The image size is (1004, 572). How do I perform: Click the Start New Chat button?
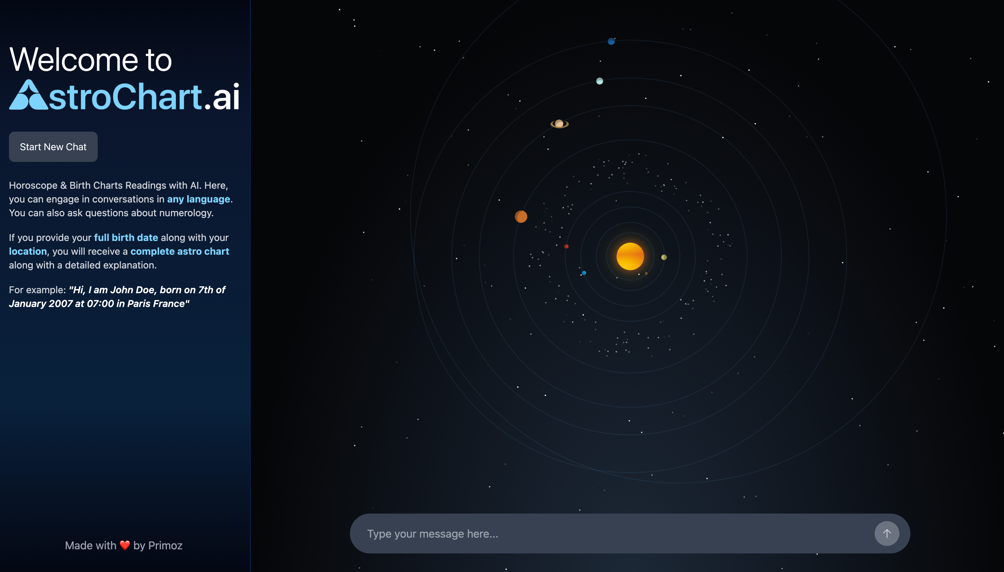(53, 146)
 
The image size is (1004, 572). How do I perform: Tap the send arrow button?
(886, 533)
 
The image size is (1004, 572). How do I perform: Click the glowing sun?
(630, 256)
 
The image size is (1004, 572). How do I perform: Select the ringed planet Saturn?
(559, 124)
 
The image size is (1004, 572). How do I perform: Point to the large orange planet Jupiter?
(521, 217)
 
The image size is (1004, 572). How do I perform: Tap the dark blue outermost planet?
(611, 42)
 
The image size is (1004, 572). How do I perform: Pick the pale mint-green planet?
(599, 81)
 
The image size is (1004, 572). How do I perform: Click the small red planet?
(566, 246)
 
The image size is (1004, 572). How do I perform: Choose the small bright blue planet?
(584, 273)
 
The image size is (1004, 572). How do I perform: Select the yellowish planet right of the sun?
(664, 257)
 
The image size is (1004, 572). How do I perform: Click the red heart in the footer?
(125, 545)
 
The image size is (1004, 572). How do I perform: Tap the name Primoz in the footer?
(165, 545)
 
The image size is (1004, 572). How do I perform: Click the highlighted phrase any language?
(199, 199)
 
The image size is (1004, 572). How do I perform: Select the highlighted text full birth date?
(126, 238)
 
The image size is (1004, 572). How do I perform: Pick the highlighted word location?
(28, 251)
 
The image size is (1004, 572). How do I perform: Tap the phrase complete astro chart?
(180, 251)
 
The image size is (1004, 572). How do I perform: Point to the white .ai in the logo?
(222, 97)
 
